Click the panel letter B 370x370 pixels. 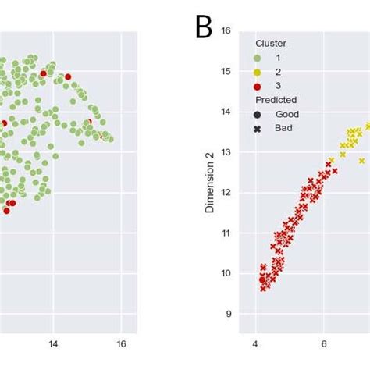pos(204,27)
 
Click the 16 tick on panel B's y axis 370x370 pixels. pos(226,31)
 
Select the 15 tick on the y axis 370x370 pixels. pos(226,72)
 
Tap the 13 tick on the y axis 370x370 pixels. pos(226,152)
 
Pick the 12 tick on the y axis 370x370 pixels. pos(226,193)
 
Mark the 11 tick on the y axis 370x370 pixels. pos(226,233)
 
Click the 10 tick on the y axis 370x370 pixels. pos(226,273)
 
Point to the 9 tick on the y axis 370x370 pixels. pos(228,314)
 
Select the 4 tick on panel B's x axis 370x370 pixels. pos(255,344)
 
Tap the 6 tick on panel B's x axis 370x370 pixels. pos(324,344)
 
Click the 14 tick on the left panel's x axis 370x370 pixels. pos(53,344)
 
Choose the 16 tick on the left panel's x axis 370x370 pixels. pos(121,344)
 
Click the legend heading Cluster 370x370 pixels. pos(271,44)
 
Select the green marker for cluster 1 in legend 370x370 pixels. pos(258,58)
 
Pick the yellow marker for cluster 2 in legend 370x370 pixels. pos(258,72)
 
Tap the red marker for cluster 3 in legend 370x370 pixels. pos(258,86)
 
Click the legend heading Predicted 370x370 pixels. pos(276,100)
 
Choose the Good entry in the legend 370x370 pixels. pos(286,114)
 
